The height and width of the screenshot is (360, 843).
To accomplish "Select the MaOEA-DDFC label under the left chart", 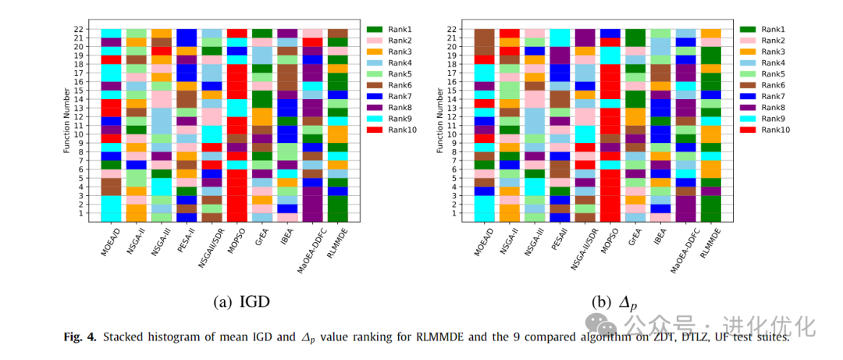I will pyautogui.click(x=311, y=250).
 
